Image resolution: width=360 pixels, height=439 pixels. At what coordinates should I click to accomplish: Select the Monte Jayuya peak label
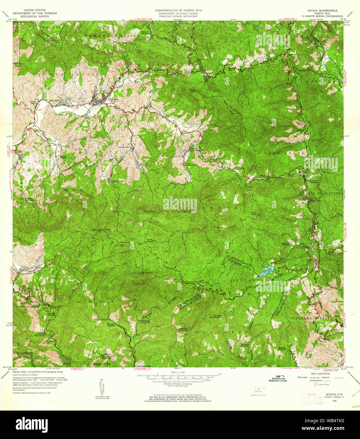tap(150, 240)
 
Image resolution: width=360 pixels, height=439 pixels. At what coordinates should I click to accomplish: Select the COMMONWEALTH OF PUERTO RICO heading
tap(178, 10)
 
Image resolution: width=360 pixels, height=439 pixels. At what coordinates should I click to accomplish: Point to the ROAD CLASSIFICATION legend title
tap(320, 373)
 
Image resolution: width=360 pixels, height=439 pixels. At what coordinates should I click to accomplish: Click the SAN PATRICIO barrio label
tap(23, 352)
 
